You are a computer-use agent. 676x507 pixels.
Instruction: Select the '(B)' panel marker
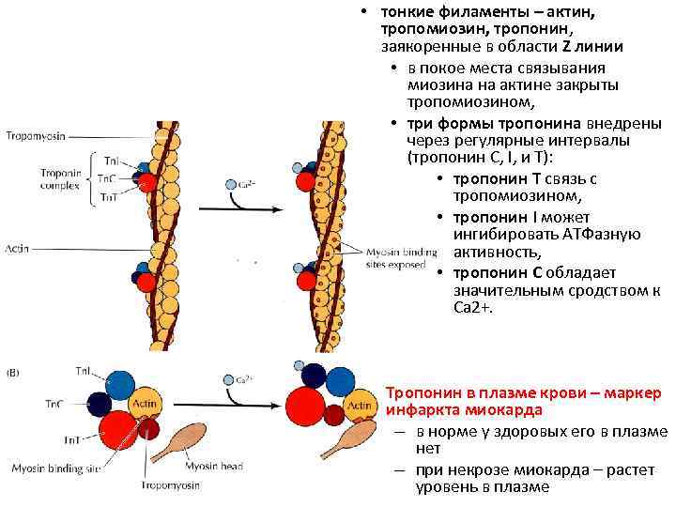(14, 374)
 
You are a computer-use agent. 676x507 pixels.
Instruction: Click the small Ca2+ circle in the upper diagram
(230, 185)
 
